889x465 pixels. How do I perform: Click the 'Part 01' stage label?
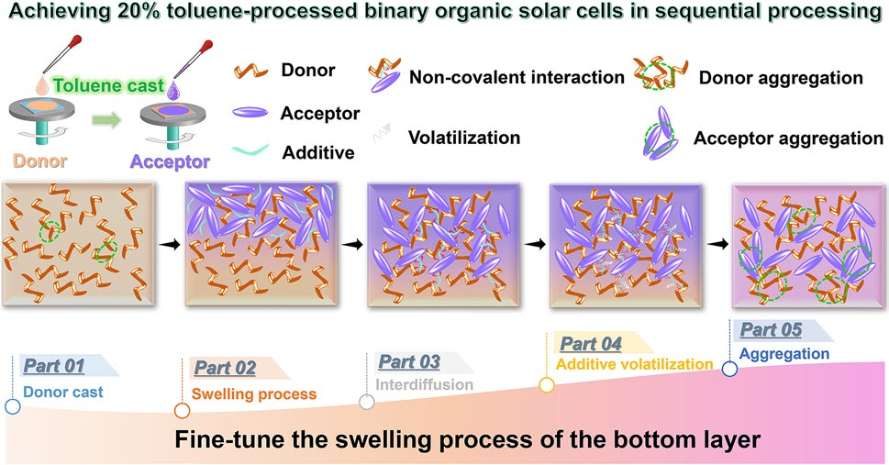click(54, 367)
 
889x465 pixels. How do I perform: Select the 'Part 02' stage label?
click(225, 369)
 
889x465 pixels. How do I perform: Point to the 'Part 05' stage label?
click(771, 330)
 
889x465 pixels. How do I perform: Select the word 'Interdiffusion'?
click(425, 384)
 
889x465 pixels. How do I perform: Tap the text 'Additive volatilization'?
click(634, 364)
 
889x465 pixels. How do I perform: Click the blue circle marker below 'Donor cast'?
click(13, 405)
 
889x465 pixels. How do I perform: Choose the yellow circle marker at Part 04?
click(547, 384)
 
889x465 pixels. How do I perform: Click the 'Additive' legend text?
click(320, 151)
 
